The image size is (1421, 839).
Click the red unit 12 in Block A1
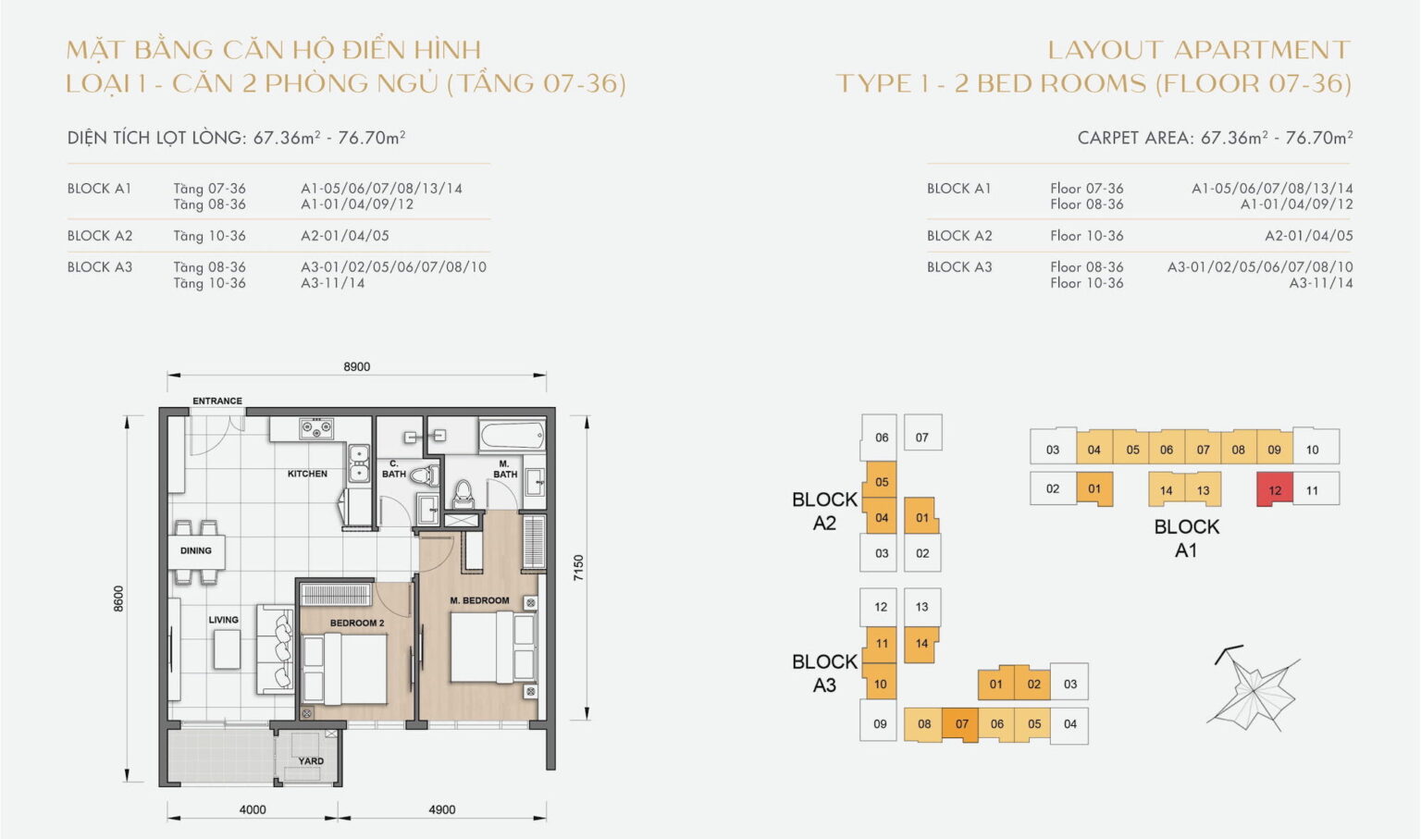click(1275, 490)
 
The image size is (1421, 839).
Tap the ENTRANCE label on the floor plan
click(217, 401)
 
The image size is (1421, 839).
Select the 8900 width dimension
click(357, 367)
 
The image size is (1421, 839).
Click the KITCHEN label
click(307, 474)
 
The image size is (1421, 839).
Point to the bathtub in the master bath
click(512, 435)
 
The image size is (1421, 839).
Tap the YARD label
click(311, 761)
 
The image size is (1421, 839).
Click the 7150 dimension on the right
click(579, 567)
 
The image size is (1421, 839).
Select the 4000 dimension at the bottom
click(253, 809)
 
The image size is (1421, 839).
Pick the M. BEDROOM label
click(479, 600)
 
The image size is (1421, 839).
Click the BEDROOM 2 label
click(357, 623)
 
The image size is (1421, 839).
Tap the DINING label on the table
click(196, 550)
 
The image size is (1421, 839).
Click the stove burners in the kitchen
click(316, 428)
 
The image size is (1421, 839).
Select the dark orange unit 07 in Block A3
click(961, 724)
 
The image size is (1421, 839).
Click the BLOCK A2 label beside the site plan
click(824, 511)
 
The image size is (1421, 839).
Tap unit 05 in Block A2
click(882, 482)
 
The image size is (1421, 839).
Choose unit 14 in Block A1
click(1167, 490)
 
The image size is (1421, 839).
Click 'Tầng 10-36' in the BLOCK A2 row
click(209, 236)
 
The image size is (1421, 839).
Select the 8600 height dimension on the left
click(118, 598)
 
